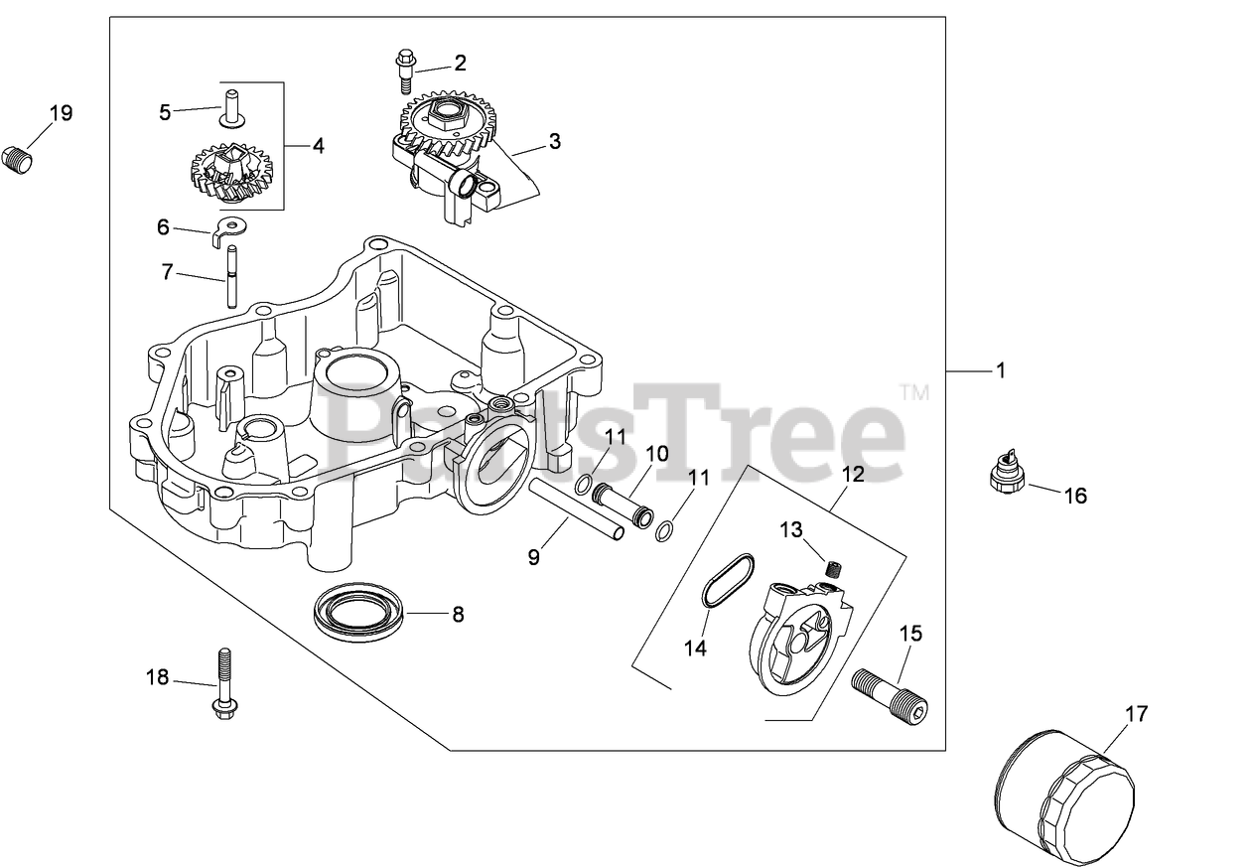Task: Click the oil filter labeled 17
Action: point(1062,795)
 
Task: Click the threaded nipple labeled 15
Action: point(891,693)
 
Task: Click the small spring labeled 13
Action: point(833,568)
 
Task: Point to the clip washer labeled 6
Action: point(231,230)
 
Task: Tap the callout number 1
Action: point(1001,370)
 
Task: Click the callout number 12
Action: point(852,475)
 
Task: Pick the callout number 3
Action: point(554,142)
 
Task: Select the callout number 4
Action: point(317,146)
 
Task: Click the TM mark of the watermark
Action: point(914,392)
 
